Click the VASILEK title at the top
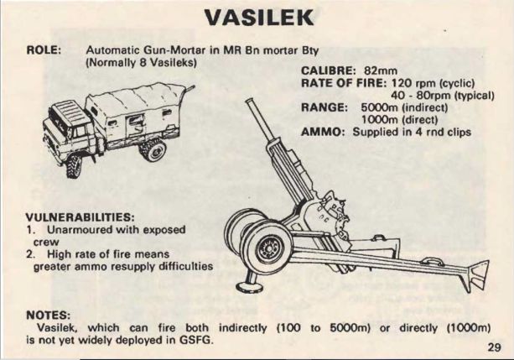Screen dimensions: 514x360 tap(259, 18)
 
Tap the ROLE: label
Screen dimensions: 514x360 tap(44, 50)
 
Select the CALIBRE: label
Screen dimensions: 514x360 tap(328, 70)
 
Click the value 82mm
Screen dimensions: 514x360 tap(381, 70)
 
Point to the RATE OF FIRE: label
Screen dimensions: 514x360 tap(344, 83)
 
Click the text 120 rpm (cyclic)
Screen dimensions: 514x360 tap(433, 83)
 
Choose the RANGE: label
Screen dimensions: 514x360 tap(324, 107)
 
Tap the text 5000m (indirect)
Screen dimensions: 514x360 tap(404, 107)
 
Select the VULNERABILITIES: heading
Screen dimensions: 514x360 tap(80, 217)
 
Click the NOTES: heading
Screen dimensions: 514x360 tap(48, 315)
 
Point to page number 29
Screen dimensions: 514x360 tap(495, 347)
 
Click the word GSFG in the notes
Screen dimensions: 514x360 tap(195, 340)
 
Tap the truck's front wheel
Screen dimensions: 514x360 tap(74, 166)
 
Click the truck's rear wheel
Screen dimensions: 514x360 tap(153, 149)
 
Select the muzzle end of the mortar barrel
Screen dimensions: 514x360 tap(250, 102)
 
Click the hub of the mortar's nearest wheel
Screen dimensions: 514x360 tap(269, 248)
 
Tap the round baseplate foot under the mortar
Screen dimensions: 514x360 tap(250, 288)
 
